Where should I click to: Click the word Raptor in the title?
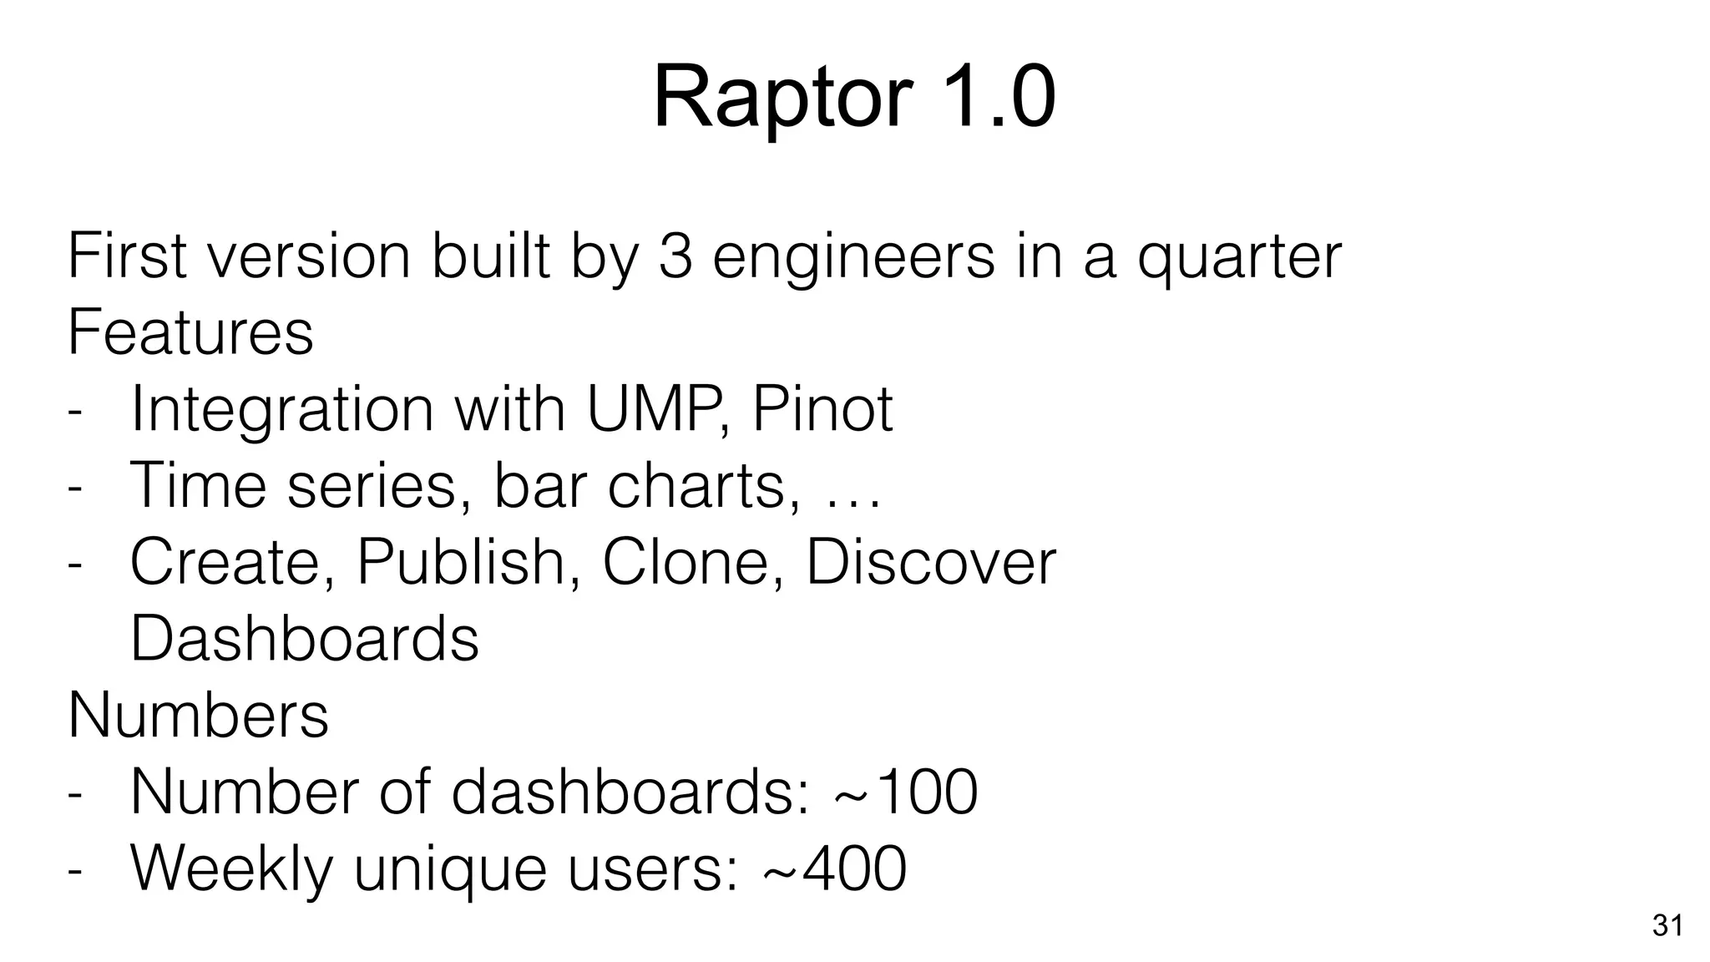pos(781,99)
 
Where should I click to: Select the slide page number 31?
pos(1667,926)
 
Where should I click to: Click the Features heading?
pos(190,332)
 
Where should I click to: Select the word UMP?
pos(648,408)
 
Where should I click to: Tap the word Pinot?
pos(822,408)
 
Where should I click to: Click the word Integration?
pos(281,410)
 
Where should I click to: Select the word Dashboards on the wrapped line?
pos(305,639)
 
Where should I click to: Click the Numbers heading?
pos(199,715)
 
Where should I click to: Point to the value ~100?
pos(906,792)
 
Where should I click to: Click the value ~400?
pos(835,868)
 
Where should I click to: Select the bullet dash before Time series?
pos(75,488)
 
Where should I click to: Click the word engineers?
pos(853,257)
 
